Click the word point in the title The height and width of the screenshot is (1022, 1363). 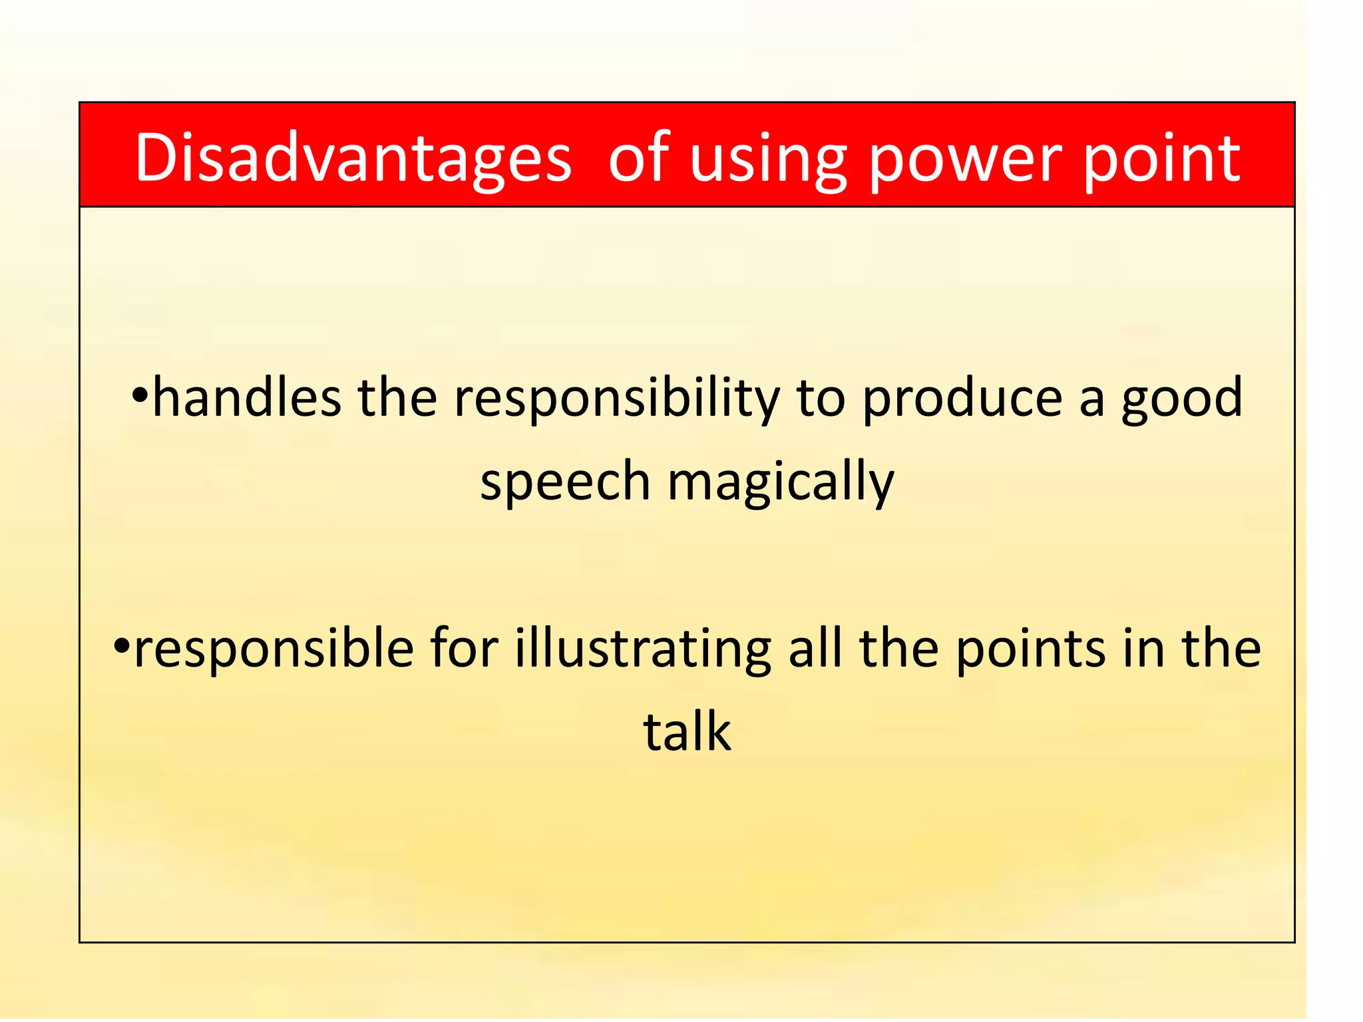1161,160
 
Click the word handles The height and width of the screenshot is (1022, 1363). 247,398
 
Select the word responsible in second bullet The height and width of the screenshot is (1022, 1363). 274,649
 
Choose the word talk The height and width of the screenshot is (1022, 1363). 687,732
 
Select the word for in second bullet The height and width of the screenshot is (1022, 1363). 464,648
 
